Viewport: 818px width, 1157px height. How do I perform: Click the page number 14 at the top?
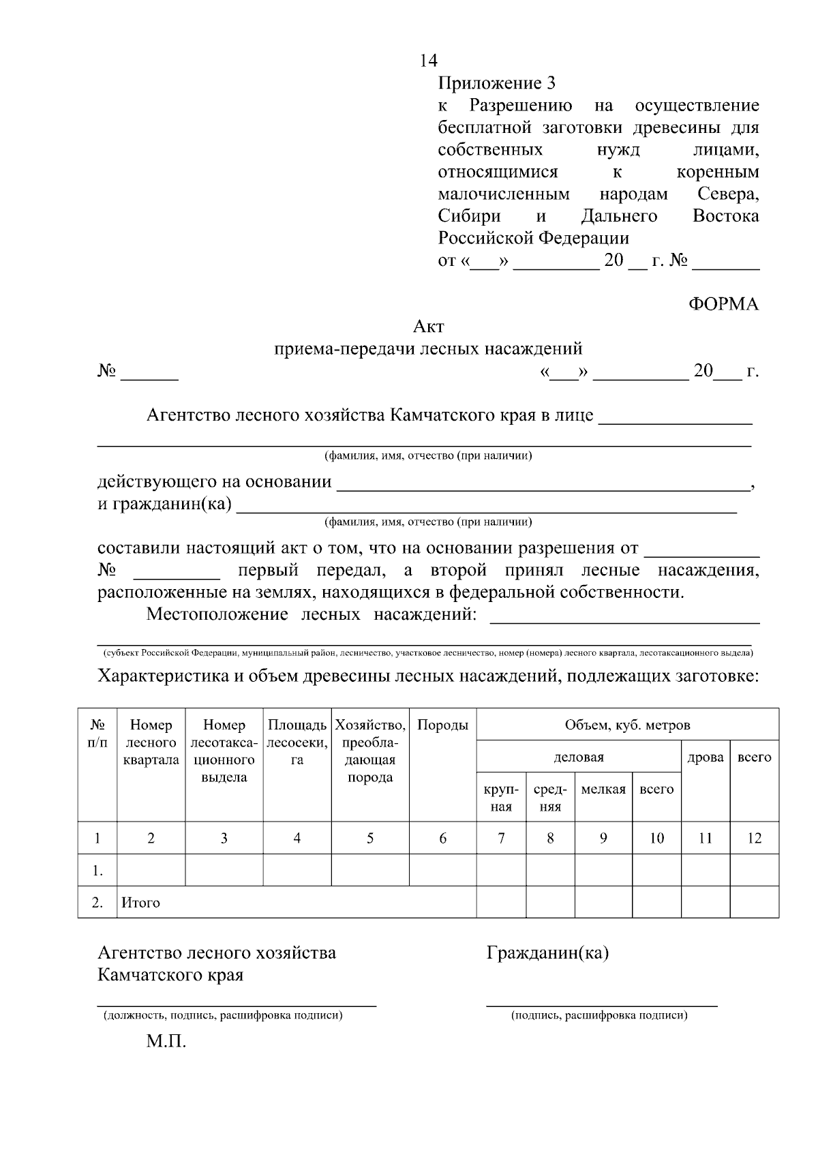coord(429,61)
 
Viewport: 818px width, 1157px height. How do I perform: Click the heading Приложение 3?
coord(496,83)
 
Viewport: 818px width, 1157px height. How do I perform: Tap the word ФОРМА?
coord(723,305)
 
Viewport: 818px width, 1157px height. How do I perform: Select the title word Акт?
coord(428,327)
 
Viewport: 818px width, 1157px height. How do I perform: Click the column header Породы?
coord(442,725)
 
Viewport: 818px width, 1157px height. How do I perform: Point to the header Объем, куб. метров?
coord(627,725)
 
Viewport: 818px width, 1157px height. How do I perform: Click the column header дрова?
coord(706,757)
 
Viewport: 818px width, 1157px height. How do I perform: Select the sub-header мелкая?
coord(603,790)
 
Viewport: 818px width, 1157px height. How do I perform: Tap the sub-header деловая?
coord(578,757)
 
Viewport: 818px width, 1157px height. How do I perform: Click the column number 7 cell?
coord(501,839)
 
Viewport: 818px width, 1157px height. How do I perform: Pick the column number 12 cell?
coord(754,839)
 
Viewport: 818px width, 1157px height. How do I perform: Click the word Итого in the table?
coord(140,903)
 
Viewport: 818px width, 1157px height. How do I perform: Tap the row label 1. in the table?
coord(97,871)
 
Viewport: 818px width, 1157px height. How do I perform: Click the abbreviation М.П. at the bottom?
coord(166,1042)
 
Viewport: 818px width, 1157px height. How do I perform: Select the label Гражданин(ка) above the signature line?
coord(547,953)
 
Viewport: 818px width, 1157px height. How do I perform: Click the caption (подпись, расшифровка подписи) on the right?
coord(599,1016)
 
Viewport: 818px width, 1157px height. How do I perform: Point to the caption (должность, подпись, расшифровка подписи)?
coord(222,1016)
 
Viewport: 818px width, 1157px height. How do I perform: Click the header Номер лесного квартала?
coord(151,742)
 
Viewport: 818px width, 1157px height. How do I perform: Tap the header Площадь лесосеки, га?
coord(297,742)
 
